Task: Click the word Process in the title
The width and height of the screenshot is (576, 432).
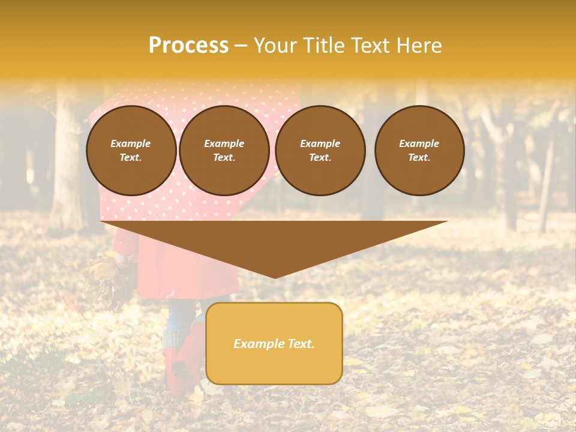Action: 188,46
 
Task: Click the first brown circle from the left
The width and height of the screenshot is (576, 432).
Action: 131,151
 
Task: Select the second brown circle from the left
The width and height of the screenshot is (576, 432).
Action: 224,151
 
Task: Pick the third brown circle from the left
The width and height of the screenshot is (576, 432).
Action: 320,151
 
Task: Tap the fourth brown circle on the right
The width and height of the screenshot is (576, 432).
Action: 419,151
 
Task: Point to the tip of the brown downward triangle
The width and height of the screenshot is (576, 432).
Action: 275,277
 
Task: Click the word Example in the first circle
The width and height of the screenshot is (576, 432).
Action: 131,143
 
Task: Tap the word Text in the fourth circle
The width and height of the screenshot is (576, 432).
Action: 419,158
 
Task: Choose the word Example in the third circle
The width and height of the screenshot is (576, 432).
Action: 320,143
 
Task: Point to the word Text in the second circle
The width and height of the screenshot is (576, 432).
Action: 223,158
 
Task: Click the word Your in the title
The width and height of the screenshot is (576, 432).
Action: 275,46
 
